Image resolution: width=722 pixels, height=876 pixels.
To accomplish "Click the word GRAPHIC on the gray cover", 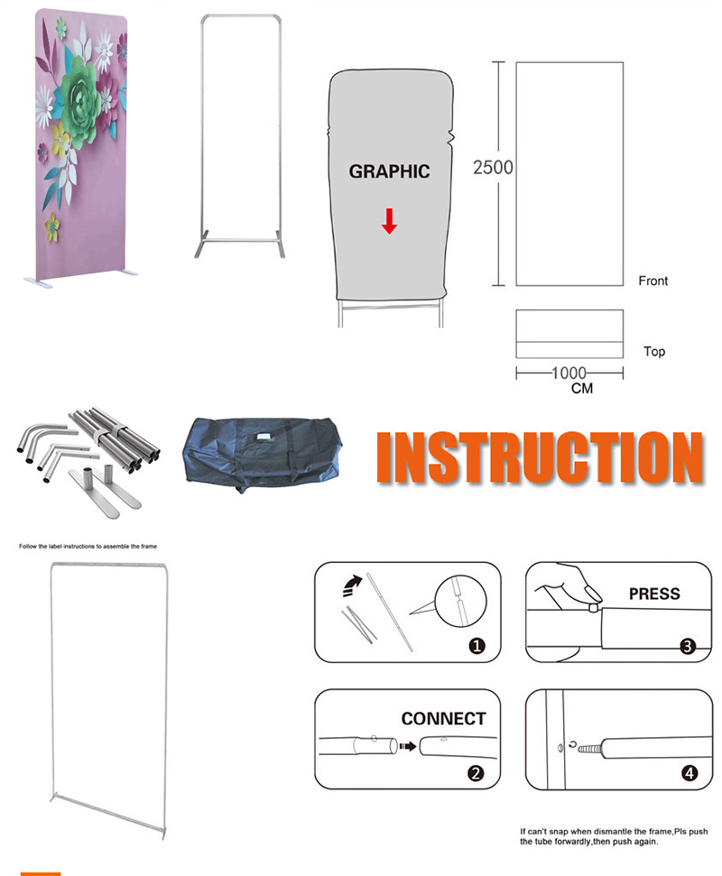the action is click(390, 171).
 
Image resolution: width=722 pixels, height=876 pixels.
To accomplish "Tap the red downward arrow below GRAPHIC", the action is click(390, 221).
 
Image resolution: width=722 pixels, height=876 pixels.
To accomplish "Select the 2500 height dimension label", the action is click(493, 168).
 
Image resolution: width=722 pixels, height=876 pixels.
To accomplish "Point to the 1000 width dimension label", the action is click(569, 373).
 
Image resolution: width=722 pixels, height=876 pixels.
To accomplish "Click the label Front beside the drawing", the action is click(653, 281).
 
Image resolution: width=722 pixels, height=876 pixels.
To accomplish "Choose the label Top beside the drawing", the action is click(654, 352).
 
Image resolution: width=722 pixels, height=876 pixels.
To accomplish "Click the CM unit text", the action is click(582, 388).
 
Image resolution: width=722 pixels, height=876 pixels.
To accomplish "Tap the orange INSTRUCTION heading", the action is click(540, 457).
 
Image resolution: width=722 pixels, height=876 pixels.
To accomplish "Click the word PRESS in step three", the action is click(654, 594).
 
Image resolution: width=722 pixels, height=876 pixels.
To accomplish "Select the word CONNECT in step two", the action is click(444, 718).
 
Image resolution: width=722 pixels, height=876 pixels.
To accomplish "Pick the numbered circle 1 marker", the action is click(477, 646).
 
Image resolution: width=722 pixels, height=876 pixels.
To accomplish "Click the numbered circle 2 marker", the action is click(476, 773).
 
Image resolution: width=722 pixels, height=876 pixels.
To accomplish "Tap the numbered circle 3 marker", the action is click(688, 646).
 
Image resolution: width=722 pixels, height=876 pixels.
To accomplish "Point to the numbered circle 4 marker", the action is click(690, 773).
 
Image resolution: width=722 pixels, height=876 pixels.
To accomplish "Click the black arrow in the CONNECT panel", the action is click(408, 746).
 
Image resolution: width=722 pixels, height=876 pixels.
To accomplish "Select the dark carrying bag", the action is click(262, 454).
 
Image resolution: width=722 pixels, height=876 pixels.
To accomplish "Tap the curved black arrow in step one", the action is click(351, 586).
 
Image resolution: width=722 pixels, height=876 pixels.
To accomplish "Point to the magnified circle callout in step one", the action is click(460, 601).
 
